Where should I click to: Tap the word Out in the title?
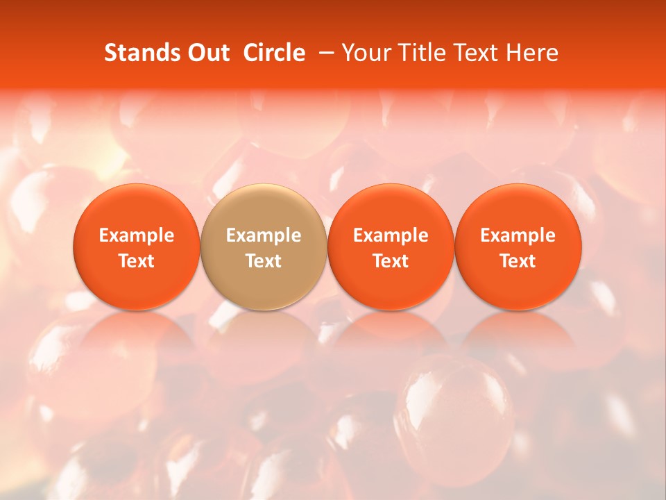(207, 53)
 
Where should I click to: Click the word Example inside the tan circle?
(264, 236)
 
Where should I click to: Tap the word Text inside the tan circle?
(264, 261)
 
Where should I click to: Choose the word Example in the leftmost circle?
(137, 236)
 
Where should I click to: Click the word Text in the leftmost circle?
(137, 261)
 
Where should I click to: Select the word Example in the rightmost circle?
(518, 236)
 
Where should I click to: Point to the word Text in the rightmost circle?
(518, 261)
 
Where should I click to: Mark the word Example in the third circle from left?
(391, 236)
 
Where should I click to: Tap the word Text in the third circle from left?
(391, 261)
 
